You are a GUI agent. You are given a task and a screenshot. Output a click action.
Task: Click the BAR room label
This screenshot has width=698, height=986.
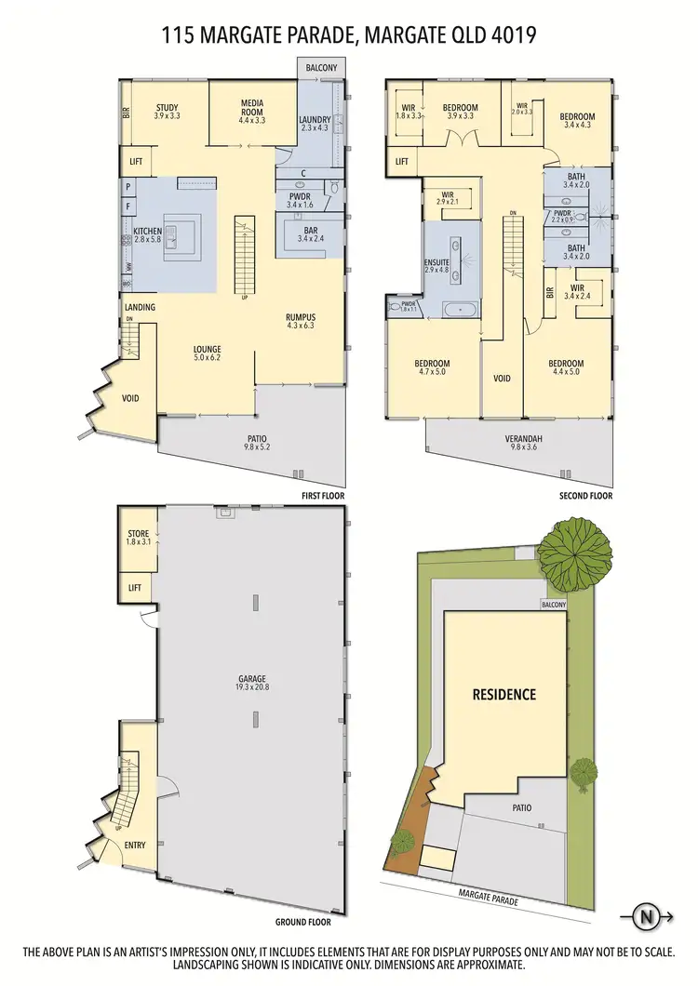(x=307, y=231)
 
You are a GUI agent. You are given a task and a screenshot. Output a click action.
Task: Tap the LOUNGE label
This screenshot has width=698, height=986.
(x=207, y=350)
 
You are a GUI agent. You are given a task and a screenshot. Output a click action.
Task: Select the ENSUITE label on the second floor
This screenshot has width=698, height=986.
(x=436, y=263)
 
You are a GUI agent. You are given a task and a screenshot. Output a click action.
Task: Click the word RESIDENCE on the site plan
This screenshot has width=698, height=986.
(x=503, y=694)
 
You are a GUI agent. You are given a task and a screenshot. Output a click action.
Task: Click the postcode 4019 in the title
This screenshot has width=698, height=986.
(x=516, y=36)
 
